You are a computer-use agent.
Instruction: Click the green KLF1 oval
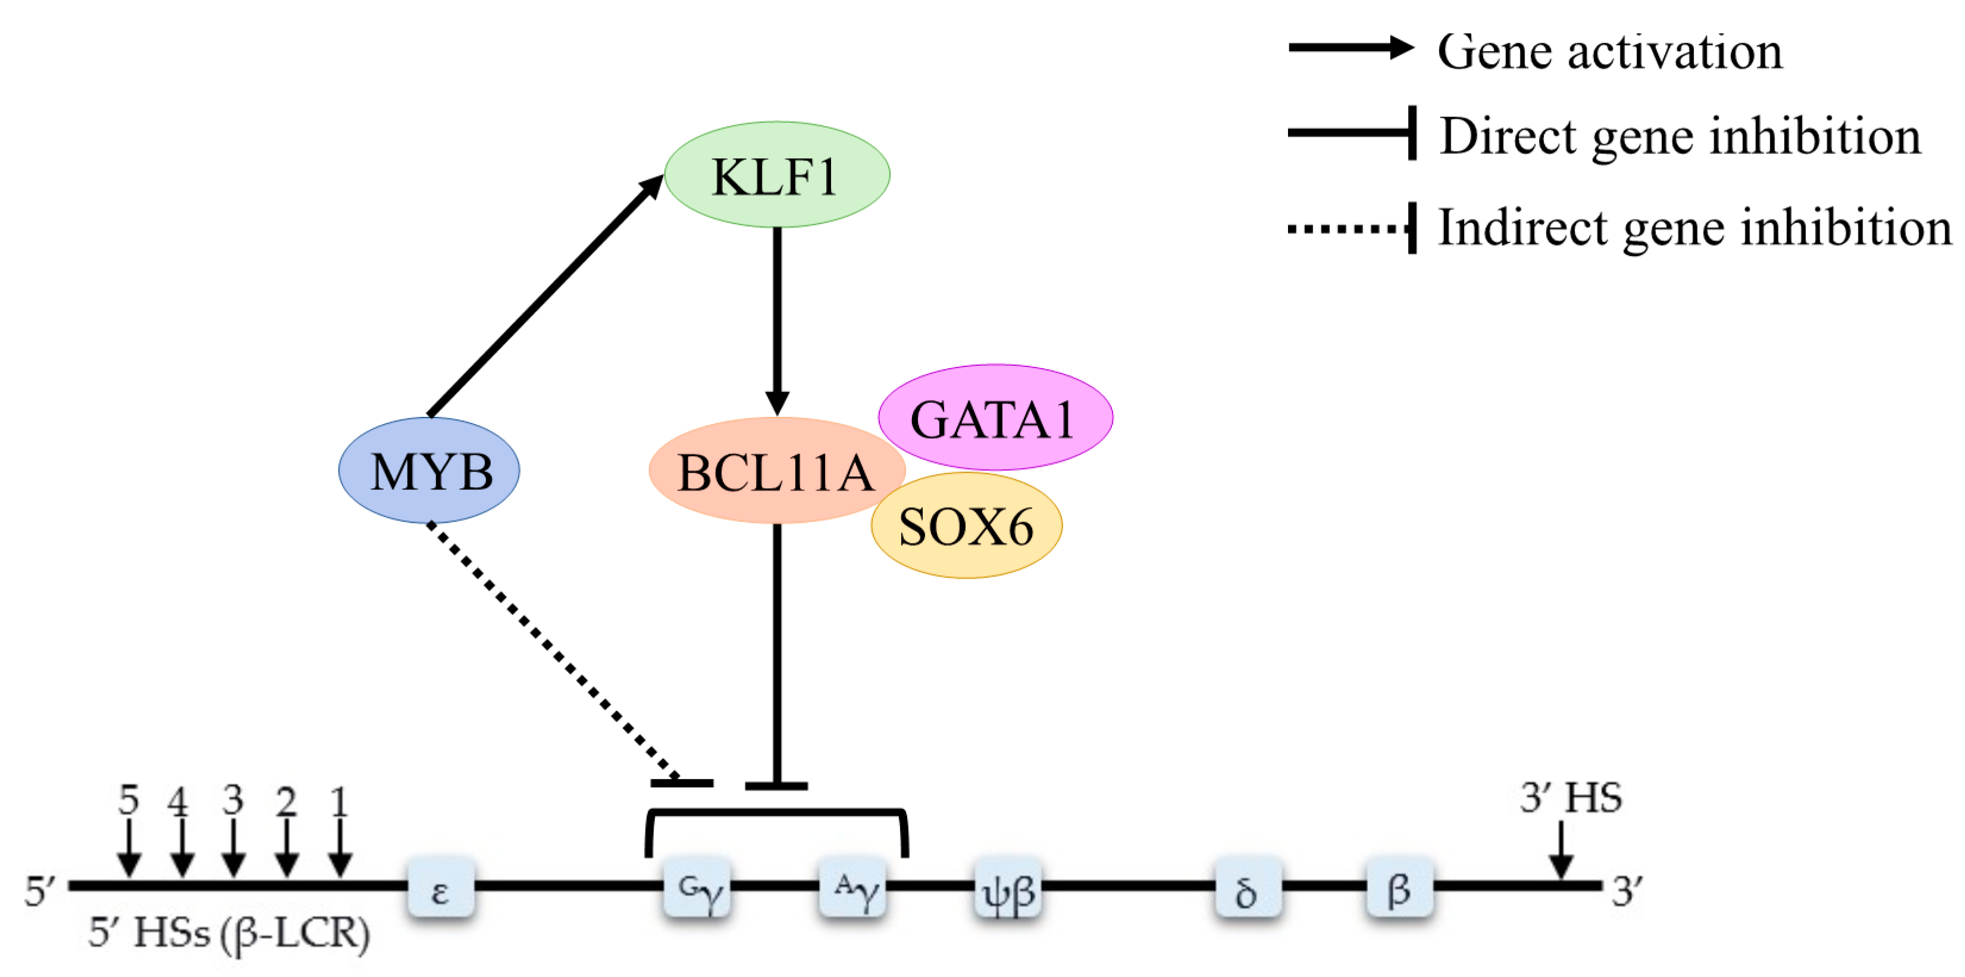click(776, 175)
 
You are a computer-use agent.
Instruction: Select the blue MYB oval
click(430, 470)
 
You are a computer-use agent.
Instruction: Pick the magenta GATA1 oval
click(995, 418)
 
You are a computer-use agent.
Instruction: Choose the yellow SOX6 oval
click(967, 526)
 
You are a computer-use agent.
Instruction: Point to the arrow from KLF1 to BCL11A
click(778, 321)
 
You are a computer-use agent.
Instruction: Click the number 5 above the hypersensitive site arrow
click(128, 799)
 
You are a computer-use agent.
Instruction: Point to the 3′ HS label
click(1571, 798)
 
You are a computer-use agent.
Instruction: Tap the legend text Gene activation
click(1609, 52)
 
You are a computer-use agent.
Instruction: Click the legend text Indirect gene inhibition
click(1694, 227)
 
